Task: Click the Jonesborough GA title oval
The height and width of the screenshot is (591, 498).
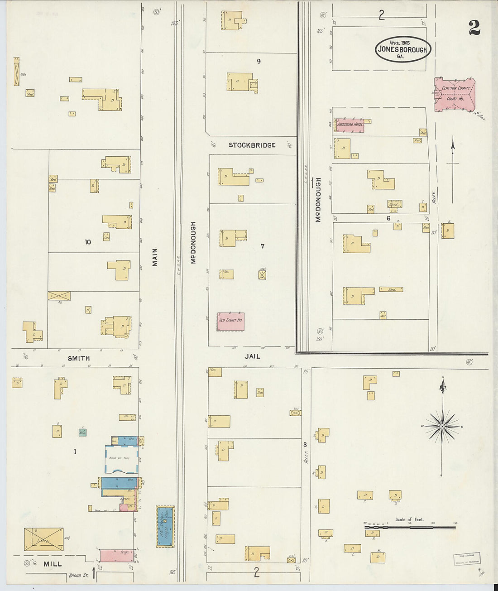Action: click(x=402, y=49)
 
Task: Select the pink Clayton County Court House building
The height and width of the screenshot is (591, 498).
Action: click(x=455, y=94)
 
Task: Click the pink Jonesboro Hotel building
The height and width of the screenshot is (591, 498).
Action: click(x=350, y=125)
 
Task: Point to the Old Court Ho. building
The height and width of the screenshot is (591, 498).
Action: click(x=230, y=321)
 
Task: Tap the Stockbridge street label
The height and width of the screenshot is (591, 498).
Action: click(x=252, y=145)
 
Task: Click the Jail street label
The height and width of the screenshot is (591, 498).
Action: click(x=252, y=356)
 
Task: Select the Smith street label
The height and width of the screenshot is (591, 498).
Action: click(x=79, y=358)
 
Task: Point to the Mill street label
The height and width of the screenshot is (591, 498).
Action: click(x=53, y=564)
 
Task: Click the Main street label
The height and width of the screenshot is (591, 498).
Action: click(x=155, y=257)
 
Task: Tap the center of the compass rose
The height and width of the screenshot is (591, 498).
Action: click(x=442, y=427)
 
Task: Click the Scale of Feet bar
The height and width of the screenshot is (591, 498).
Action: click(x=410, y=527)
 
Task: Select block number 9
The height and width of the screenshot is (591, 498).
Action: click(x=259, y=61)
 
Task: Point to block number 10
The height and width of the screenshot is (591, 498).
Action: click(x=88, y=242)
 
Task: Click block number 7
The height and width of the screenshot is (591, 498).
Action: click(x=262, y=246)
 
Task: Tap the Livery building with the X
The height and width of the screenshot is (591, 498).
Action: click(x=43, y=539)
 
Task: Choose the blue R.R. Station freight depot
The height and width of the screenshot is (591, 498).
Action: click(x=165, y=527)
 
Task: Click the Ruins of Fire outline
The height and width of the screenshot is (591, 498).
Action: click(x=121, y=459)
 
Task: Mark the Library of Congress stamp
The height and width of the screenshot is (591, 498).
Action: click(x=466, y=559)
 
